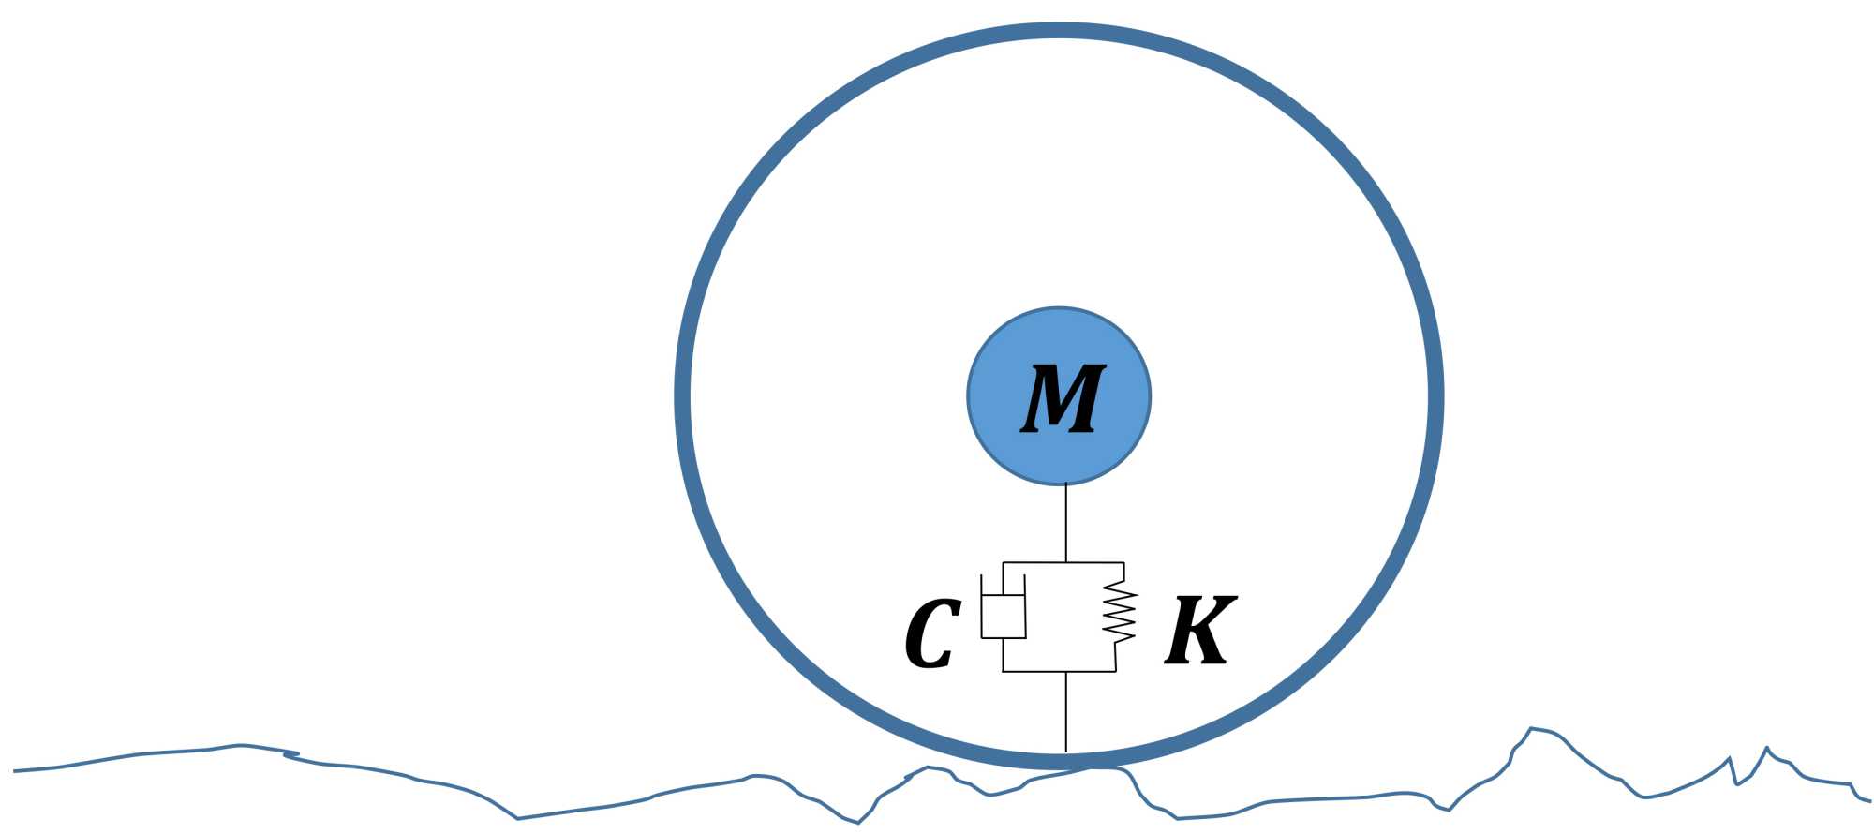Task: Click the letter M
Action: (x=1062, y=398)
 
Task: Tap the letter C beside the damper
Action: (x=931, y=633)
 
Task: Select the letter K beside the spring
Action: (x=1199, y=630)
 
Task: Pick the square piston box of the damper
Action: (x=1004, y=617)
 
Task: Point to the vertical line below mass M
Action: (x=1066, y=523)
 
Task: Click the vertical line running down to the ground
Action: (x=1066, y=712)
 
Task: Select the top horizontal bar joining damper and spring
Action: (x=1063, y=562)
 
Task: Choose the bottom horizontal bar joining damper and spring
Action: (x=1059, y=671)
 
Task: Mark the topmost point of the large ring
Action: (x=1059, y=31)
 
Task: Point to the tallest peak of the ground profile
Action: (x=1531, y=728)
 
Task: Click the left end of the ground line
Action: (x=15, y=771)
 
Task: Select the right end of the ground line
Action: (x=1869, y=800)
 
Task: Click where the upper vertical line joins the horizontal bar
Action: (x=1066, y=562)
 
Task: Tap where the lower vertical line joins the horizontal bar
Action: (x=1066, y=671)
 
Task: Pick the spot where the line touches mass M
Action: (x=1066, y=484)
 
